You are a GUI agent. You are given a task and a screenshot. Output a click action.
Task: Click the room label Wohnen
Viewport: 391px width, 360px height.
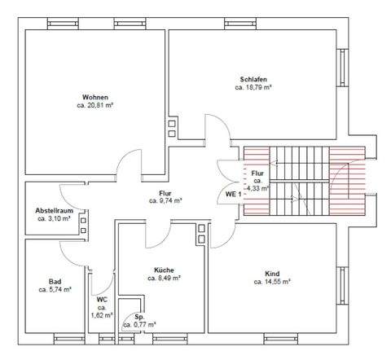(x=95, y=96)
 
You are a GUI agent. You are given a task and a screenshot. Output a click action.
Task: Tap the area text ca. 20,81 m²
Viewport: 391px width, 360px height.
(x=95, y=105)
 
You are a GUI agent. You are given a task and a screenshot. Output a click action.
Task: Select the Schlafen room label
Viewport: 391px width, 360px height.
(x=253, y=78)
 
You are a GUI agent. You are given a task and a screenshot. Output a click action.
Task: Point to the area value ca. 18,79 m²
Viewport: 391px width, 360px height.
(x=253, y=87)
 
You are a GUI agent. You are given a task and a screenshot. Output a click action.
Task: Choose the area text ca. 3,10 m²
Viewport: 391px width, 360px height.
(x=55, y=218)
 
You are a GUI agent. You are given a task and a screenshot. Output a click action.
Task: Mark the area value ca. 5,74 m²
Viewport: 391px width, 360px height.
(x=55, y=289)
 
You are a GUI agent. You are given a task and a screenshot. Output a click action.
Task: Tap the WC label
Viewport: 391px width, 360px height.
(x=102, y=299)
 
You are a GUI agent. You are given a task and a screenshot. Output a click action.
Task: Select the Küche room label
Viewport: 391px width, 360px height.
(x=164, y=270)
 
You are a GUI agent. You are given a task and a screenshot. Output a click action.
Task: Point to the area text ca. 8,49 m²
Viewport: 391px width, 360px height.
(x=164, y=279)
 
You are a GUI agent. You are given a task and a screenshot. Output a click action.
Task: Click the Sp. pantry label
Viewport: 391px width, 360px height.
(x=139, y=316)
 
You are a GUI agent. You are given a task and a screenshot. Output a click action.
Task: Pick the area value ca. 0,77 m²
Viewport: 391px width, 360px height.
(x=139, y=325)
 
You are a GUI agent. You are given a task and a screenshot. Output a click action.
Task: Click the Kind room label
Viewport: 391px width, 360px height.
(x=272, y=273)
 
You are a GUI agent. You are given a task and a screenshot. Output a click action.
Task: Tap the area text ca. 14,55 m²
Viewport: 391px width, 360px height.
(x=272, y=282)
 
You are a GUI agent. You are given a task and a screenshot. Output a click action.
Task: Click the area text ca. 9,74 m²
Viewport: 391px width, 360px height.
(x=165, y=200)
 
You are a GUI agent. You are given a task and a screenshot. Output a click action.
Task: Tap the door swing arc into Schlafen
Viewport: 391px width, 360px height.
(x=213, y=129)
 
